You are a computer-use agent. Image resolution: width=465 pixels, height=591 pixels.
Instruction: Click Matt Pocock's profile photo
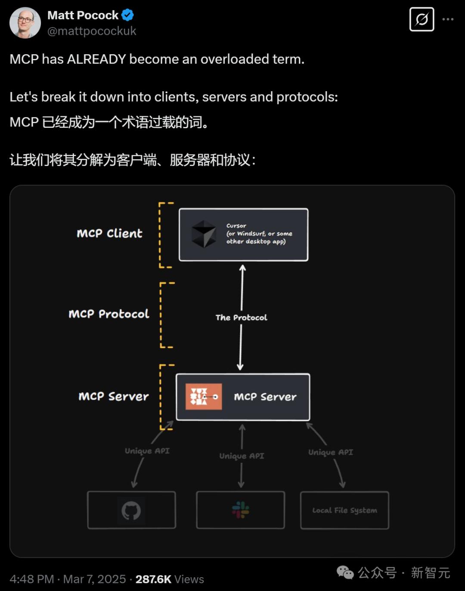click(x=25, y=22)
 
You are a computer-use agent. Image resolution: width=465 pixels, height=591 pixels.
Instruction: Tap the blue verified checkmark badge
click(x=127, y=15)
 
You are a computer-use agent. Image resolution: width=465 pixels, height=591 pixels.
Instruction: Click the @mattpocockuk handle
click(x=92, y=31)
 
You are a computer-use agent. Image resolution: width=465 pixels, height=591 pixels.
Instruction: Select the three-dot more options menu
click(x=448, y=19)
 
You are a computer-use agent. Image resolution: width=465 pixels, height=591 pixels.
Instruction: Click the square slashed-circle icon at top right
click(x=422, y=19)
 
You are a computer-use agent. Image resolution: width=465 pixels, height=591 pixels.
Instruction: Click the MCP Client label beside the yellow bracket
click(x=109, y=234)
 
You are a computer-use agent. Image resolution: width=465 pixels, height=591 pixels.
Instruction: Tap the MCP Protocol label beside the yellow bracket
click(x=109, y=314)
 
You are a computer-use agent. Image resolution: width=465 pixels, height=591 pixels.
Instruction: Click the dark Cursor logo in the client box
click(x=204, y=234)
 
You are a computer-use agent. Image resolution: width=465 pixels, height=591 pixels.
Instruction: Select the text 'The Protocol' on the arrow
click(x=241, y=317)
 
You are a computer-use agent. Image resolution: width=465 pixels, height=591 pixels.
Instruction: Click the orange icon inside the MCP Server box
click(x=204, y=397)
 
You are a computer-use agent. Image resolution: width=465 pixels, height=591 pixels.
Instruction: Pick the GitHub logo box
click(x=131, y=510)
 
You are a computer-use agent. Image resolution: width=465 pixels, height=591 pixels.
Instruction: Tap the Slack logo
click(x=240, y=510)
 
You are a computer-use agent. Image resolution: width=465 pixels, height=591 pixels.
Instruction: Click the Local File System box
click(x=344, y=510)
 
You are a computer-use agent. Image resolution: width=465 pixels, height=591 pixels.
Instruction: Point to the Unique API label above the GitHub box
click(x=147, y=451)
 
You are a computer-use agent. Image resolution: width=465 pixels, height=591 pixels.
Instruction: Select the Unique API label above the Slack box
click(x=242, y=456)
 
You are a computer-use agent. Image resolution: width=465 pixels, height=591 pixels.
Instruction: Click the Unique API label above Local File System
click(x=331, y=452)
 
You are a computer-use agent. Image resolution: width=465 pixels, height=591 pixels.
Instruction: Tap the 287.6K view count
click(x=153, y=579)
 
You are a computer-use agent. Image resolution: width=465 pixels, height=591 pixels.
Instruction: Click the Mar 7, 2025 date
click(x=95, y=579)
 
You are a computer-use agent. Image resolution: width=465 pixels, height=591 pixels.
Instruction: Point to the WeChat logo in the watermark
click(x=345, y=573)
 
